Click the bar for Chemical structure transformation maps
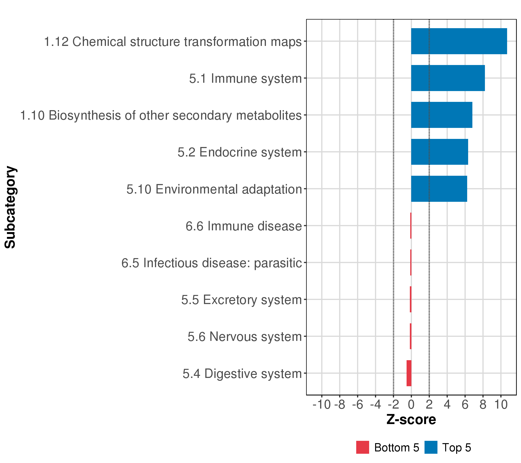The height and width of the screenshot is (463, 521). [x=459, y=41]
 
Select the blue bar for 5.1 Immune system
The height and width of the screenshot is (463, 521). [x=448, y=78]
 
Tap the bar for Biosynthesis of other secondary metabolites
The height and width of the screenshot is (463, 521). [x=441, y=115]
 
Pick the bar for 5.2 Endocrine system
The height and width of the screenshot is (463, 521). [x=439, y=152]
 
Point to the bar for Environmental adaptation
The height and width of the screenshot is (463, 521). [x=439, y=189]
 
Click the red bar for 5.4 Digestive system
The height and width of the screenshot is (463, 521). [x=409, y=373]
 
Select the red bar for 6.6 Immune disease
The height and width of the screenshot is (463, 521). [x=411, y=226]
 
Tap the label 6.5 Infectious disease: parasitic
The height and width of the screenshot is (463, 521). [x=211, y=263]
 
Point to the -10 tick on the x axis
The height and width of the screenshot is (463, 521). [x=321, y=405]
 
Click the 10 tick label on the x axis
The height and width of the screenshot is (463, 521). [x=501, y=405]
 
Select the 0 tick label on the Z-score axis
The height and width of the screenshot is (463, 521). [x=411, y=405]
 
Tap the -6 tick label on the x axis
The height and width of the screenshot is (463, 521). [x=357, y=405]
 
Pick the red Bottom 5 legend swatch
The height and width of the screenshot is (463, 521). [x=362, y=447]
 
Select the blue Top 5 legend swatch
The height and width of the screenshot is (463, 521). [x=431, y=447]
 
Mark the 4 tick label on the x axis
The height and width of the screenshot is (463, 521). [x=447, y=405]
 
